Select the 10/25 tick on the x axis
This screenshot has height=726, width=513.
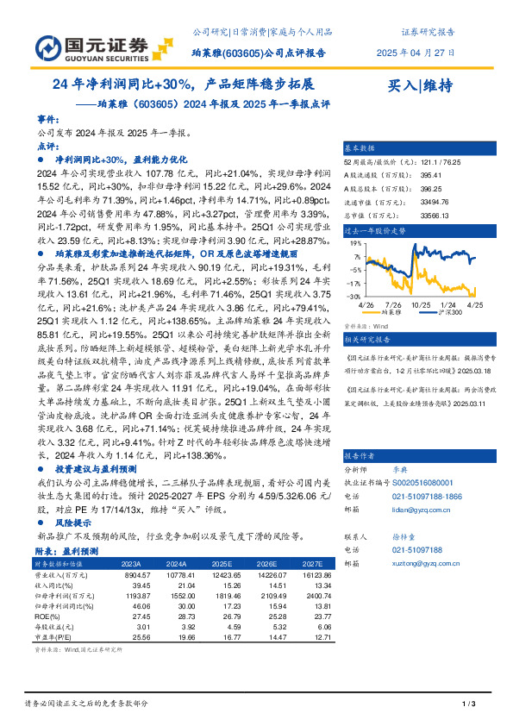pyautogui.click(x=422, y=304)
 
